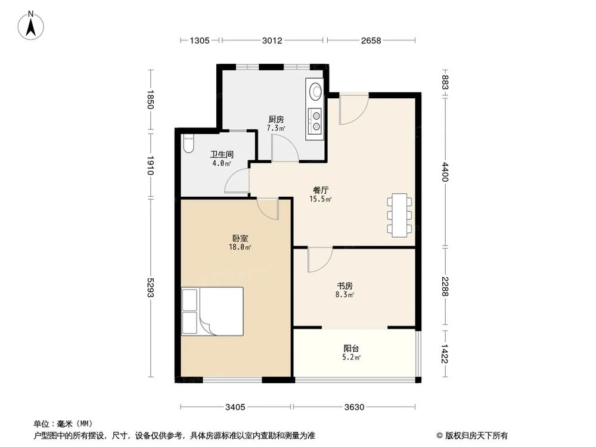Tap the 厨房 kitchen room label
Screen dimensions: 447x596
[276, 119]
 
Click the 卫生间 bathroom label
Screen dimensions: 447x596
[221, 154]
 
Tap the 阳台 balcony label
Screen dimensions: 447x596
[351, 349]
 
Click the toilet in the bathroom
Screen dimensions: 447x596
[188, 145]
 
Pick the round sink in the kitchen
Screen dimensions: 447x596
[315, 91]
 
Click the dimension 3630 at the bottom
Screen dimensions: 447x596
[354, 407]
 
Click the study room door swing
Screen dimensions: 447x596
[319, 259]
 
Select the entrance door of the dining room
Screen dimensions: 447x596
[353, 108]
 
